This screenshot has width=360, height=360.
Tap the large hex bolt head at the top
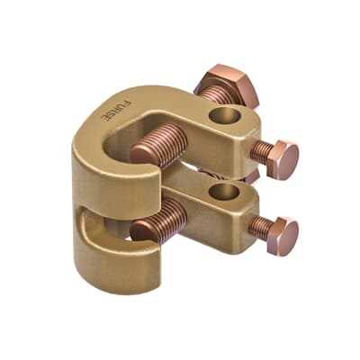point(227,85)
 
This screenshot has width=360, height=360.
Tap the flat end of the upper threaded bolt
point(141,154)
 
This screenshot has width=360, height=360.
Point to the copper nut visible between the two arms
point(207,171)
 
